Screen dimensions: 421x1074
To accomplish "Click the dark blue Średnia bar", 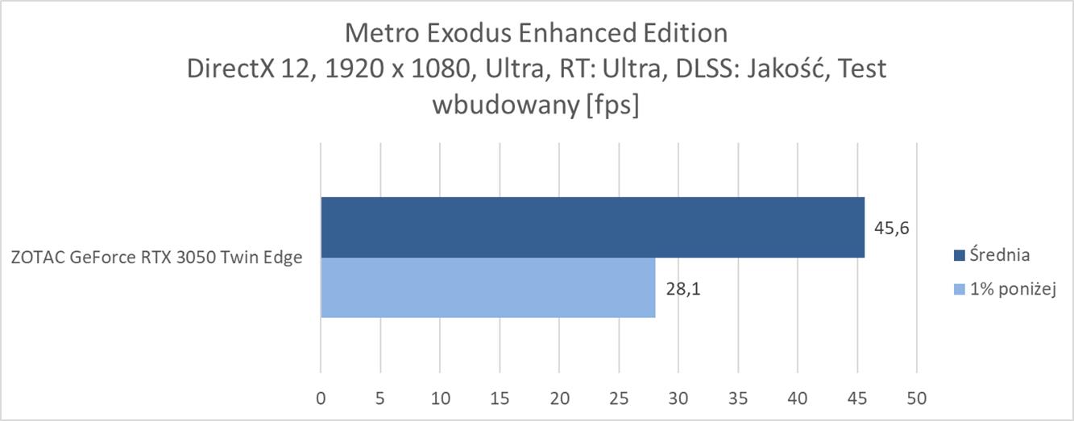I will pos(592,228).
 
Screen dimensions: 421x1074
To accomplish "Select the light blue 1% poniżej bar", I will pos(487,288).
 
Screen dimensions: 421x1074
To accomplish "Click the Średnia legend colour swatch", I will pos(958,256).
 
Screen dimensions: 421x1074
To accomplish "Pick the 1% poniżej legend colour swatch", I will pos(958,289).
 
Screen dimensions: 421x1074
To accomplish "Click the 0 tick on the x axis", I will pos(321,398).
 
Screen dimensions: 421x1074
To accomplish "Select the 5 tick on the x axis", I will pos(380,398).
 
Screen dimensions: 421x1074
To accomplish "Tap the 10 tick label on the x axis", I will pos(440,398).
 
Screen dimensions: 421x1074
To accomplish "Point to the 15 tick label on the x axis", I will pos(500,398).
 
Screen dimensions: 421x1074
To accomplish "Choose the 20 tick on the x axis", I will pos(559,398).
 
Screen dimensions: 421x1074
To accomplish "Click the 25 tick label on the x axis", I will pos(619,398).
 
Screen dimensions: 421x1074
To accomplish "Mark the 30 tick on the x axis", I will pos(678,398).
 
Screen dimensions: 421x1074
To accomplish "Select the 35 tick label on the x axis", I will pos(738,398).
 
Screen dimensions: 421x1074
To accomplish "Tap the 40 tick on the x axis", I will pos(798,398).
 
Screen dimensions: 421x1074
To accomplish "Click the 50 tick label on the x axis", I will pos(917,398).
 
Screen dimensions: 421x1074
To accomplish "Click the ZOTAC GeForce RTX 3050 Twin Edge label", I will pos(157,258).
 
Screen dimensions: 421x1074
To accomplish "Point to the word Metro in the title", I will pos(377,33).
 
